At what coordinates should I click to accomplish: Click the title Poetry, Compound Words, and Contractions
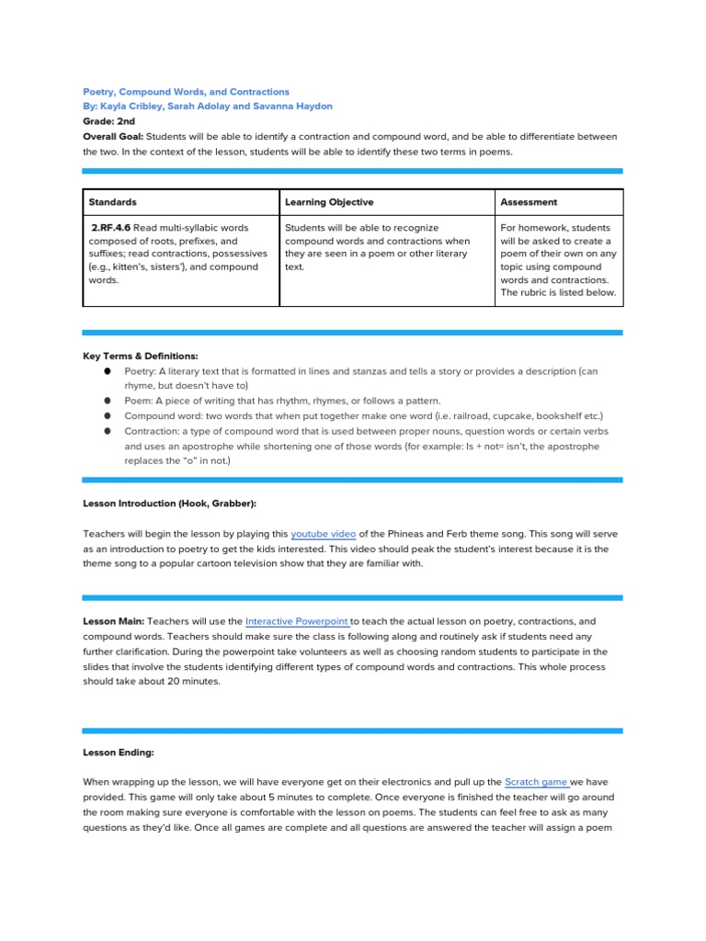click(x=186, y=92)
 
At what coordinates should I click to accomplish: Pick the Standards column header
click(x=112, y=202)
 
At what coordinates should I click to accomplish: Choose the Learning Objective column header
click(x=329, y=202)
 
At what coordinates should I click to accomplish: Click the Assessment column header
click(x=529, y=202)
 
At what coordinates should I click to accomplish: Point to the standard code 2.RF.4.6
click(x=111, y=228)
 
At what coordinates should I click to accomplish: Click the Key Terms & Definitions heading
click(x=140, y=356)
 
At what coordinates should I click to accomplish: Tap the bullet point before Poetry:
click(x=108, y=371)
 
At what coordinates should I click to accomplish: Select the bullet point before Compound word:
click(x=108, y=416)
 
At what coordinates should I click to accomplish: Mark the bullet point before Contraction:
click(x=108, y=431)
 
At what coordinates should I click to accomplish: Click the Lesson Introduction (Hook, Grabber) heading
click(x=170, y=504)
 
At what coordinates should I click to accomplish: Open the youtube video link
click(x=323, y=534)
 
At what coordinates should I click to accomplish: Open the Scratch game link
click(x=536, y=782)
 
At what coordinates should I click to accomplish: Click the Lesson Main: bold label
click(x=113, y=622)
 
